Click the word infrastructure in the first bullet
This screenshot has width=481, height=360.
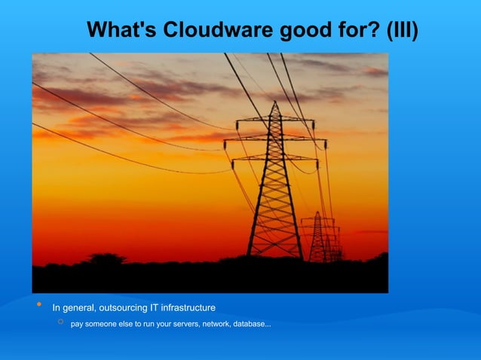click(x=188, y=307)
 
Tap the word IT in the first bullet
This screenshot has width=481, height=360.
click(x=155, y=307)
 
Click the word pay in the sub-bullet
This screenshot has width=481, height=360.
click(x=78, y=325)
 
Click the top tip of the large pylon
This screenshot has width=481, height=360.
click(x=275, y=103)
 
